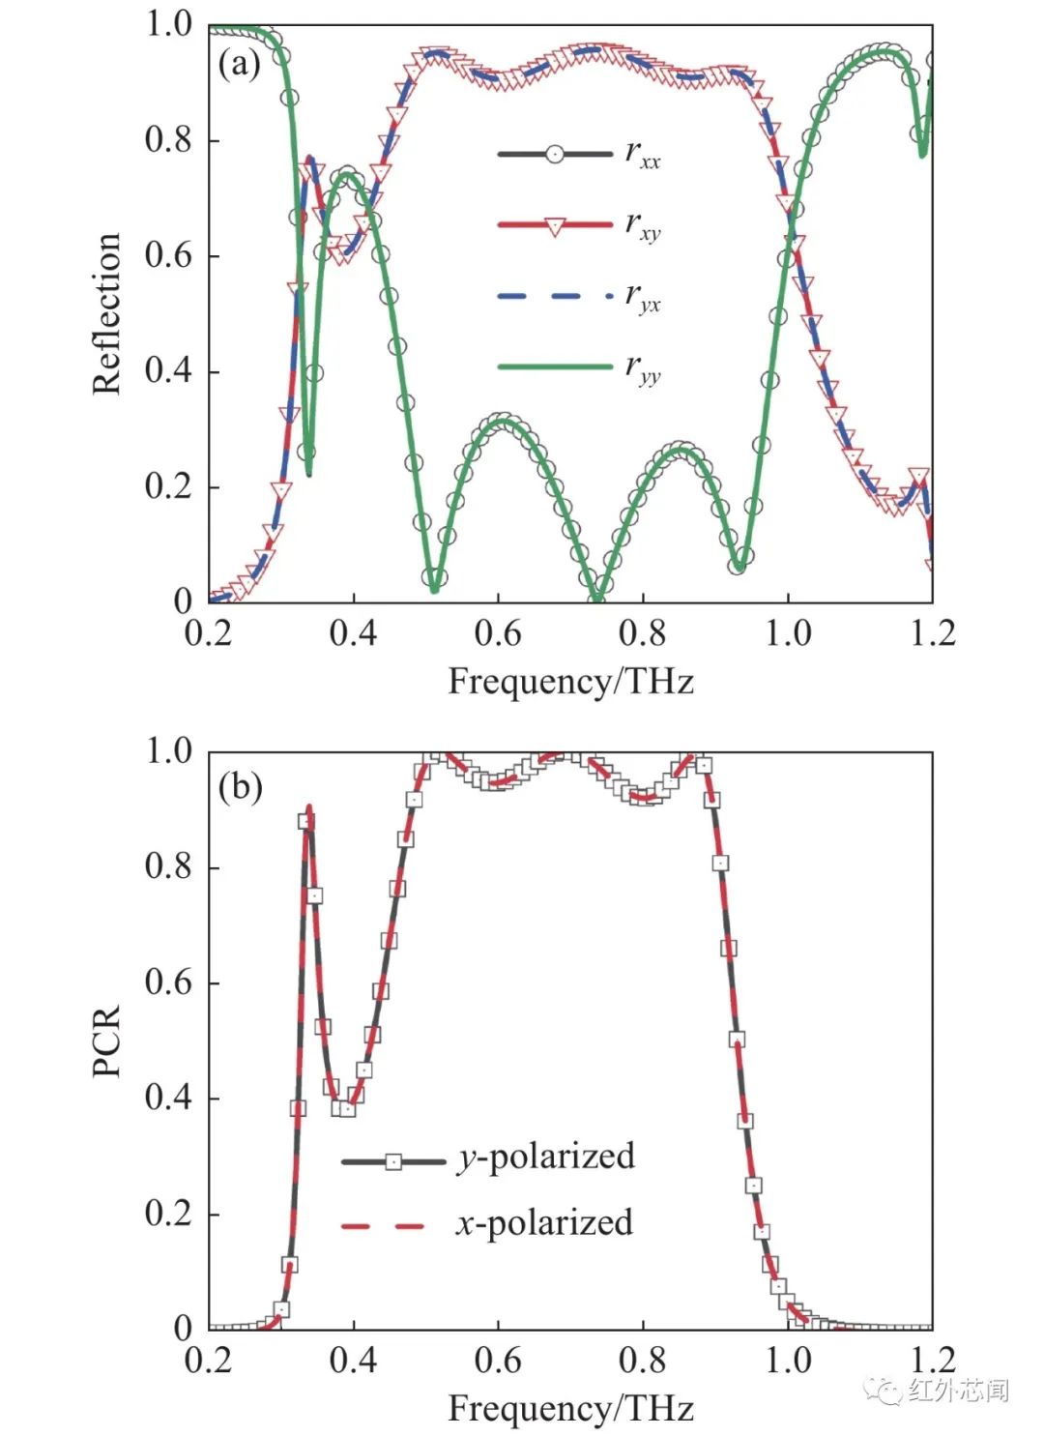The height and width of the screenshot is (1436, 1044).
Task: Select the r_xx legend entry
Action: pyautogui.click(x=579, y=154)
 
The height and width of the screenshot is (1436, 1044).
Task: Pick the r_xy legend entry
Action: pyautogui.click(x=579, y=225)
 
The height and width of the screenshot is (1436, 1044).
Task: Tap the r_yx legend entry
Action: pyautogui.click(x=579, y=296)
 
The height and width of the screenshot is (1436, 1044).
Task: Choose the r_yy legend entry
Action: pyautogui.click(x=579, y=367)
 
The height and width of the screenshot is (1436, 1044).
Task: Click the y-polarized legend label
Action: pyautogui.click(x=546, y=1157)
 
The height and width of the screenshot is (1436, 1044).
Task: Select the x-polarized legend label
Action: pyautogui.click(x=544, y=1223)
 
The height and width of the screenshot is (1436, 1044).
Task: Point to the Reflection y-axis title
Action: pyautogui.click(x=106, y=313)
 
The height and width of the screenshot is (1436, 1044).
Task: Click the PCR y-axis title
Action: pyautogui.click(x=106, y=1040)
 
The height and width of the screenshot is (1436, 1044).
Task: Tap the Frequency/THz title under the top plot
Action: pyautogui.click(x=570, y=682)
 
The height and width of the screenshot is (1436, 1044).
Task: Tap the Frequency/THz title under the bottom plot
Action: pyautogui.click(x=570, y=1408)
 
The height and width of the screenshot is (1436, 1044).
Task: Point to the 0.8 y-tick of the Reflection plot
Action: pyautogui.click(x=169, y=140)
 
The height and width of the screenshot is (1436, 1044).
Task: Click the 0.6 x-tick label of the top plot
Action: pyautogui.click(x=498, y=633)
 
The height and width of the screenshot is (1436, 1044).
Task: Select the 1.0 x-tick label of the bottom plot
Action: pyautogui.click(x=788, y=1361)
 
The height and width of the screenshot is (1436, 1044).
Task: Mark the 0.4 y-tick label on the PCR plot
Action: pyautogui.click(x=169, y=1098)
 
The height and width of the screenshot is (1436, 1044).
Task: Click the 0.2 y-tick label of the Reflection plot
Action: pyautogui.click(x=169, y=486)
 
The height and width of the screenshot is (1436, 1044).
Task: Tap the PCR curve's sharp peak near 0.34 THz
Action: pyautogui.click(x=309, y=807)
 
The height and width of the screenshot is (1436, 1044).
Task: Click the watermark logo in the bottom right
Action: pyautogui.click(x=883, y=1391)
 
